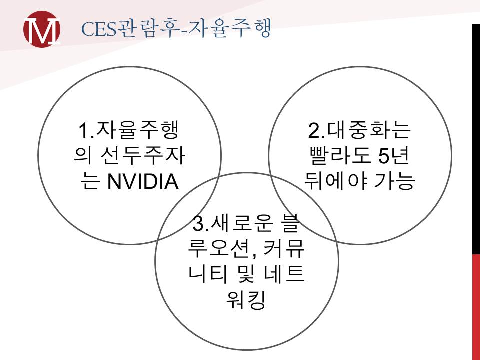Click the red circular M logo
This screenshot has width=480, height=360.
coord(42,29)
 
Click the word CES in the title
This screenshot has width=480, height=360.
coord(99,29)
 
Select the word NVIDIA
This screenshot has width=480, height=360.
coord(143,181)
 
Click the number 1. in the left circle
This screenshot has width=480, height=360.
coord(87,130)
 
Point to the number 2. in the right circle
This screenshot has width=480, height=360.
coord(316,130)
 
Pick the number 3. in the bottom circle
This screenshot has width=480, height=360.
coord(201,224)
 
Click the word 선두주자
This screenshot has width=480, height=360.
coord(142,156)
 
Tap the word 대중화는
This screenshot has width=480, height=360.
coord(368,130)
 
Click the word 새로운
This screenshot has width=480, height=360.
coord(242,223)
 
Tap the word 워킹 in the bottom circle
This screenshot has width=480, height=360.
coord(246,300)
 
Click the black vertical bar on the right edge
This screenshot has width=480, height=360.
coord(476,139)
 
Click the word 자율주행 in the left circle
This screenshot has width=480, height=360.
coord(137,130)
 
